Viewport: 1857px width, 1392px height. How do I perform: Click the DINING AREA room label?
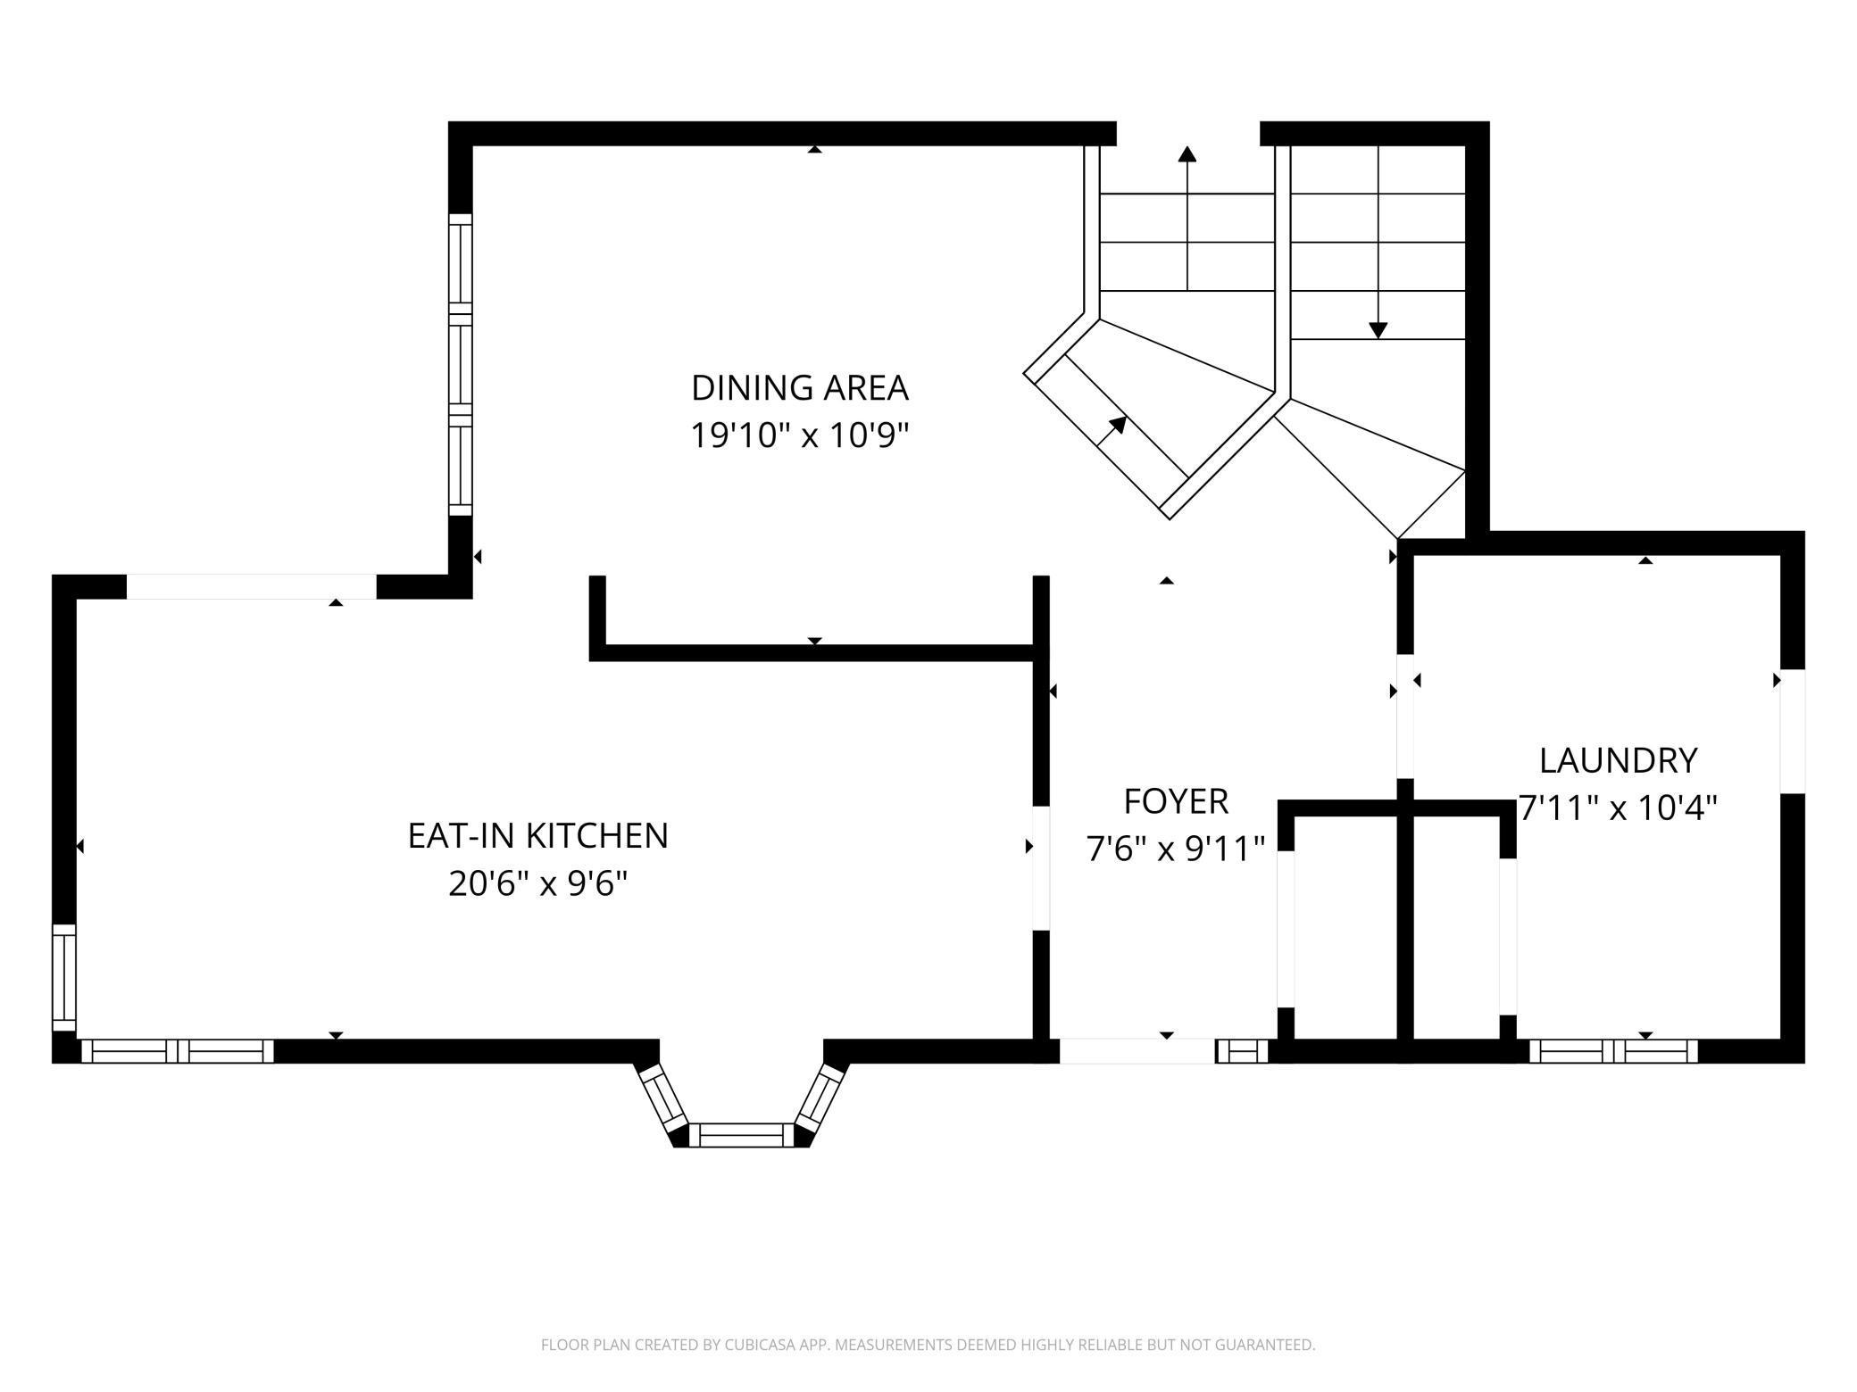800,388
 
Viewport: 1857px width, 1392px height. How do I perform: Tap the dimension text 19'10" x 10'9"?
800,436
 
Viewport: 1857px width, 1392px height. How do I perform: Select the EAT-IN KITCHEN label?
538,836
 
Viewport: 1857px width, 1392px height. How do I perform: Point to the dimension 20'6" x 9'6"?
538,884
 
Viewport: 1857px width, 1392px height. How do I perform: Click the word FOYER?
1176,801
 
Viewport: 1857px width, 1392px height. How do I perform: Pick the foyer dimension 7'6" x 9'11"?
1176,849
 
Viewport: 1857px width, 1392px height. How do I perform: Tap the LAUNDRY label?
1618,760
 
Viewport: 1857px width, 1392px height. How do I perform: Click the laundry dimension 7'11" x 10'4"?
1618,808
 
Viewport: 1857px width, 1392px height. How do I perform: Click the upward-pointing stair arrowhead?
1187,153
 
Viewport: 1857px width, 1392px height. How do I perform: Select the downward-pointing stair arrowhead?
1378,330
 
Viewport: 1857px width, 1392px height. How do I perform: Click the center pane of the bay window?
741,1135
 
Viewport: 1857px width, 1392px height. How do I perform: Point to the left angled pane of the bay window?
662,1096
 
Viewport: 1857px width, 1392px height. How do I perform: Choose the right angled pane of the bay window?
820,1096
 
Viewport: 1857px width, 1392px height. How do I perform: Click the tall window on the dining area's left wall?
460,365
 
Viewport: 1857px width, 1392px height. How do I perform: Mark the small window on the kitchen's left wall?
64,978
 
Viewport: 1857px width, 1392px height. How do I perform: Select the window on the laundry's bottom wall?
1613,1051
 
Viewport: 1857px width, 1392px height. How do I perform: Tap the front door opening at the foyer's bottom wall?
1137,1051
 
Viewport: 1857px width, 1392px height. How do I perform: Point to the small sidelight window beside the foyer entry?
1242,1051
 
